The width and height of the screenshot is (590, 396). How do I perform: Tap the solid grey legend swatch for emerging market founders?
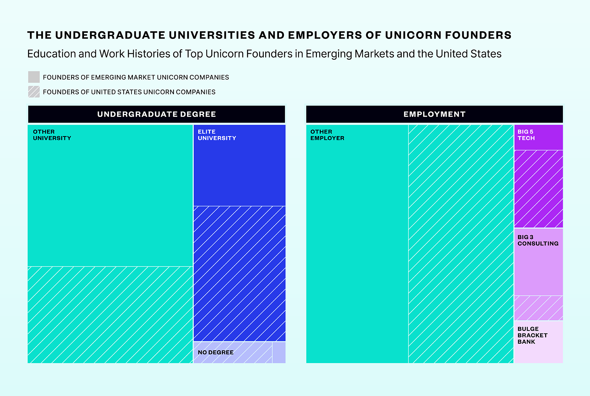coord(34,77)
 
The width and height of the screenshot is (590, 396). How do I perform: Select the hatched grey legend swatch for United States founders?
coord(34,92)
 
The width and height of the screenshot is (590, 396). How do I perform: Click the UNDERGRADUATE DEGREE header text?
coord(157,114)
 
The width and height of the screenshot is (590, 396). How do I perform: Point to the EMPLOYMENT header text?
coord(434,114)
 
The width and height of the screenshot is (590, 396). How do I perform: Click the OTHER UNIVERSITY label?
coord(52,135)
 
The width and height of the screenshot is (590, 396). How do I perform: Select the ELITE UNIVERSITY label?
coord(217,135)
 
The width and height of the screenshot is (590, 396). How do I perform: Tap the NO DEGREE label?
coord(216,352)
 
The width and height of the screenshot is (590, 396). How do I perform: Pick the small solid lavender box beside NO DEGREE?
coord(279,353)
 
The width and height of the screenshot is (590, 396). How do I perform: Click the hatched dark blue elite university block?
coord(239,273)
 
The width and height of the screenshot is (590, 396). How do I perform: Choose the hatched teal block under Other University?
coord(110,315)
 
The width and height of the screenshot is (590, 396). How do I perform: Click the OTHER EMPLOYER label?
coord(327,135)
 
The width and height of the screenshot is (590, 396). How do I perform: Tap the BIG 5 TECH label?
coord(526,135)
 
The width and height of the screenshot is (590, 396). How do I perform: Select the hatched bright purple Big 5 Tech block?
coord(538,189)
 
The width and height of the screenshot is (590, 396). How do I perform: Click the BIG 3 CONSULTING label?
coord(538,240)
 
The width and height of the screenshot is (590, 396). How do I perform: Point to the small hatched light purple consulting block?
coord(538,308)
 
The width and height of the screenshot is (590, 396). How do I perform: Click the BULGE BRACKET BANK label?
coord(532,335)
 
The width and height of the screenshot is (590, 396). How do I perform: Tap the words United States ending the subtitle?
coord(468,54)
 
